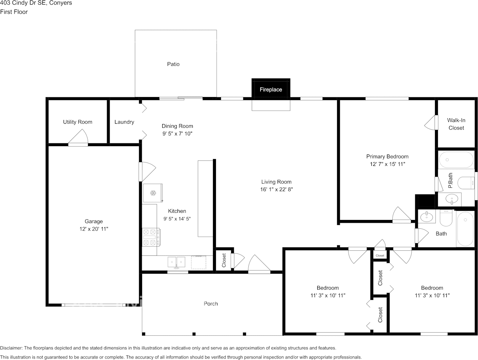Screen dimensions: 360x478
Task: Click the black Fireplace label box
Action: [271, 89]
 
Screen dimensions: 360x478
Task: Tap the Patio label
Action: [173, 64]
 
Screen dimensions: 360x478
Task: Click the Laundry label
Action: [124, 122]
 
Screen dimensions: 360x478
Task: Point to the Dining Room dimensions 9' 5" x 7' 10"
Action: [177, 134]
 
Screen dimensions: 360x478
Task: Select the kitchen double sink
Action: [176, 262]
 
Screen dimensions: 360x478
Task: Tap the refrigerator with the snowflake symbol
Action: [153, 193]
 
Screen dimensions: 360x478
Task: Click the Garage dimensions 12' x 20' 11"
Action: [94, 229]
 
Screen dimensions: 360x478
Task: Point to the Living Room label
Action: [276, 182]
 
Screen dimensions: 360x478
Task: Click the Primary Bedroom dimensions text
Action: [387, 164]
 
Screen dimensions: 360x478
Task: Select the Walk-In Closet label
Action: [456, 124]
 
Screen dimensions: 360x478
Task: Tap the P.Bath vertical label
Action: [450, 181]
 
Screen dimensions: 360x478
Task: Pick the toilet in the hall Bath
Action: [446, 218]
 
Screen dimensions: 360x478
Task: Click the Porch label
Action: [211, 304]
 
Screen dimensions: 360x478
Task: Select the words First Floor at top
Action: [14, 12]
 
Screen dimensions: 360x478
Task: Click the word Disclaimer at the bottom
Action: [11, 348]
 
